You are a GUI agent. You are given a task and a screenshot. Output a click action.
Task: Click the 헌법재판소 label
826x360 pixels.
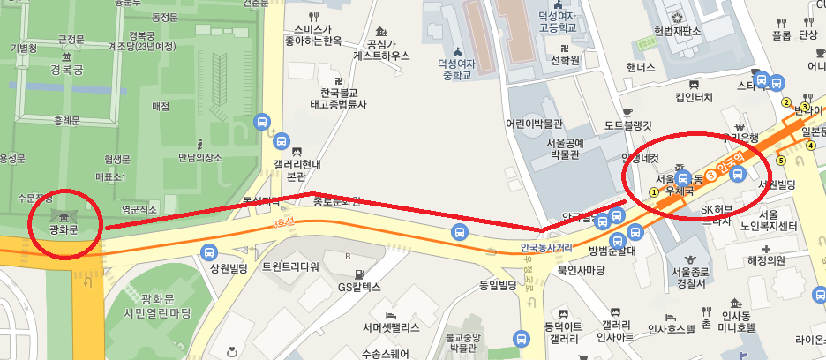tap(677, 32)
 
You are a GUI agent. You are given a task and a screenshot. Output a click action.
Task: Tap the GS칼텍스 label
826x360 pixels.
tap(359, 287)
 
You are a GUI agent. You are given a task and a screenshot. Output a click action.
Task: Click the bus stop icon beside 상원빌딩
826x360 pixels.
tap(208, 252)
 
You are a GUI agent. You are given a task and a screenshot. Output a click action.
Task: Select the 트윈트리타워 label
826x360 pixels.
tap(290, 266)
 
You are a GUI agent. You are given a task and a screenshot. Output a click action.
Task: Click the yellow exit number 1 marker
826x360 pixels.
tap(654, 191)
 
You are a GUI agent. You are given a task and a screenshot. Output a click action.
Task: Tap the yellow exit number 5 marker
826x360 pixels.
tap(780, 160)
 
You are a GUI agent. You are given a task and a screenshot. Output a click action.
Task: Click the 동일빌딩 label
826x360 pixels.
tap(497, 285)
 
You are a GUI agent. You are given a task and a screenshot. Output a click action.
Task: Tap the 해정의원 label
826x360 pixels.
tap(765, 261)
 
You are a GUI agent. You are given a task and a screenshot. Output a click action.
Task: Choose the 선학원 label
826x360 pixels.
tap(565, 61)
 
